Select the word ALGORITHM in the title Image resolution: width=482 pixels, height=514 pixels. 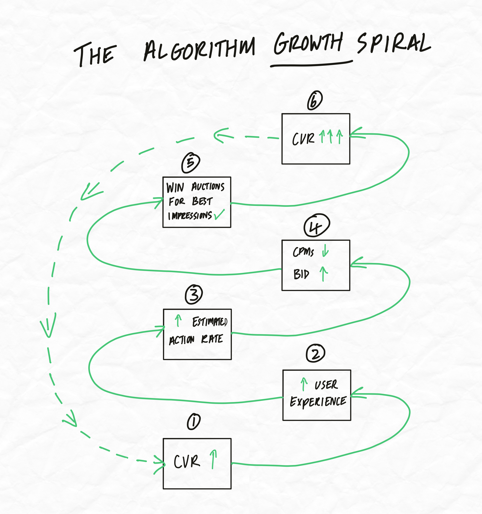click(x=199, y=49)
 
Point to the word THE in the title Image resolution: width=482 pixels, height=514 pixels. click(x=95, y=54)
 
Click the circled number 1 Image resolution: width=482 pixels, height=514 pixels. click(x=194, y=421)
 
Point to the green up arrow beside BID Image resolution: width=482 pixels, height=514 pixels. click(x=324, y=274)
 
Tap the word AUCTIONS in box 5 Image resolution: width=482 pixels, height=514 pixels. click(x=208, y=186)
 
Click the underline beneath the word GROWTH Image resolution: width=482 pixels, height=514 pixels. click(x=311, y=64)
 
